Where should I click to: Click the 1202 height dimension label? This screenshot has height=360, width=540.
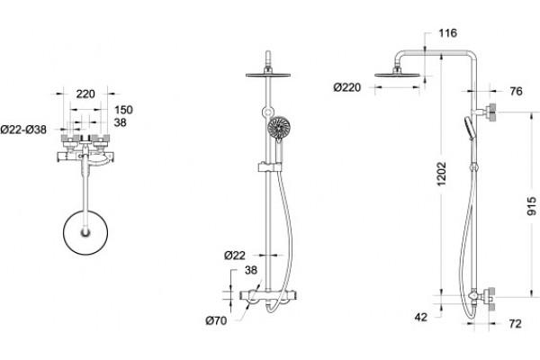(x=442, y=174)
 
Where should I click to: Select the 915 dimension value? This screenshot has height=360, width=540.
(x=532, y=206)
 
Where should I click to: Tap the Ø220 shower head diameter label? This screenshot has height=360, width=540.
(x=347, y=87)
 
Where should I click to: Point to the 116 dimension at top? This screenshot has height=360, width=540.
(x=447, y=33)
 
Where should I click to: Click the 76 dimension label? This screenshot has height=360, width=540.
(x=516, y=91)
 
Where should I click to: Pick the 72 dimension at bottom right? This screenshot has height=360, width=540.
(x=515, y=324)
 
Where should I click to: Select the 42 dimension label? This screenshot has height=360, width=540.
(x=421, y=317)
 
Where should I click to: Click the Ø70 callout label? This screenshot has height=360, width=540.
(x=216, y=320)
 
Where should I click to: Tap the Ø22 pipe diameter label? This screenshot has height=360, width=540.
(x=235, y=256)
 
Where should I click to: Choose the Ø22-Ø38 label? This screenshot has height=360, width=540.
(x=23, y=130)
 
